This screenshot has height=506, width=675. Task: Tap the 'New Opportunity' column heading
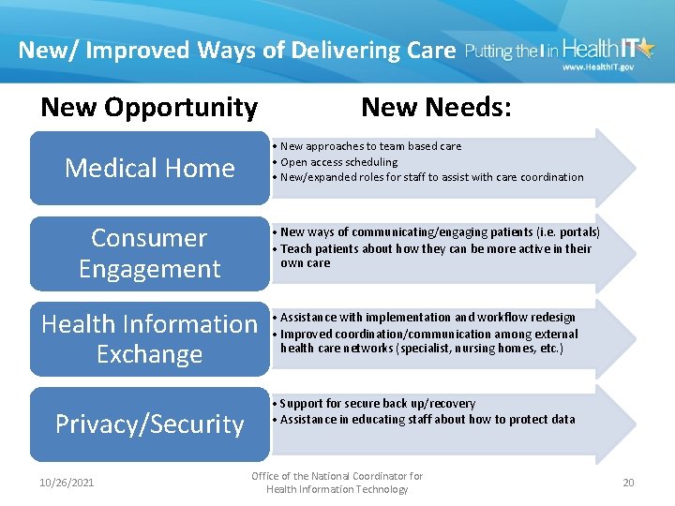tap(149, 108)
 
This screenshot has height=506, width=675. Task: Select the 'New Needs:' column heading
tap(436, 108)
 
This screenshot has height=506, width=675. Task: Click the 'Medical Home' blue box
tap(149, 168)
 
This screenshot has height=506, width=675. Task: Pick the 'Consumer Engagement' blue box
tap(149, 253)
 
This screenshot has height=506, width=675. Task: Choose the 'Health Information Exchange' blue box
tap(149, 338)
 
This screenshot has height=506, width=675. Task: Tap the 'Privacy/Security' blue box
tap(149, 424)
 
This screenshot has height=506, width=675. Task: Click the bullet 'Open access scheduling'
tap(338, 161)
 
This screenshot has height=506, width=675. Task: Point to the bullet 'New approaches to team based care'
tap(370, 146)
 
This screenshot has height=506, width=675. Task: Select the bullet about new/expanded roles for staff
tap(431, 177)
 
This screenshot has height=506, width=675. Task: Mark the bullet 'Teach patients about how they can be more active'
tap(436, 248)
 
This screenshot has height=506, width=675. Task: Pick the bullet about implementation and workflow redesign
tap(427, 318)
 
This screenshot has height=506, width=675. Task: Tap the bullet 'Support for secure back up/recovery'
tap(377, 403)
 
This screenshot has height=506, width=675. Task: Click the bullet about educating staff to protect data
tap(427, 419)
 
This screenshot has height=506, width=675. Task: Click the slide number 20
tap(628, 483)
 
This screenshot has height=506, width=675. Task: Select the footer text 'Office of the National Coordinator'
tap(337, 476)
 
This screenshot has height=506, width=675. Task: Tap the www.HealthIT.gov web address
tap(598, 67)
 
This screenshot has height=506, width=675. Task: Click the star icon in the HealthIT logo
tap(647, 47)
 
